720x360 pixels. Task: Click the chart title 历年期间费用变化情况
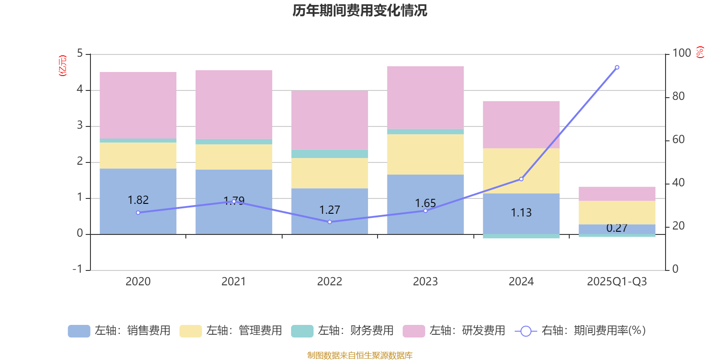[360, 10]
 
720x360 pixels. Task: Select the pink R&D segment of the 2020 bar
[138, 105]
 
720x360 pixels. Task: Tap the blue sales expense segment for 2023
[425, 189]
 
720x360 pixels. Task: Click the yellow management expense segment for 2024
[521, 171]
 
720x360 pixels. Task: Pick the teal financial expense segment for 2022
[329, 154]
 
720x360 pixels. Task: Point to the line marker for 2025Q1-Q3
[617, 67]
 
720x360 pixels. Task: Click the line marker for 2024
[521, 179]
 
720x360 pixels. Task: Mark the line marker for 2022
[329, 222]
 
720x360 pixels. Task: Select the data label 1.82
[138, 200]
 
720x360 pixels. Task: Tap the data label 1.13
[521, 212]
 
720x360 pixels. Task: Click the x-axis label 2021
[234, 282]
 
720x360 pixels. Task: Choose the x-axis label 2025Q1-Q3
[617, 282]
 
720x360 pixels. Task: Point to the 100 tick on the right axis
[681, 53]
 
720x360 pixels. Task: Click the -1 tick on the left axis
[78, 269]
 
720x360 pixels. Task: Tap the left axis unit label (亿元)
[63, 66]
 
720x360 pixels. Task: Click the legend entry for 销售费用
[119, 331]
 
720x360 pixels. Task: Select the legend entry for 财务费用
[342, 331]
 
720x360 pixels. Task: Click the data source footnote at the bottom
[360, 355]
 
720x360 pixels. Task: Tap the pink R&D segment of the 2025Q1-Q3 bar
[617, 193]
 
